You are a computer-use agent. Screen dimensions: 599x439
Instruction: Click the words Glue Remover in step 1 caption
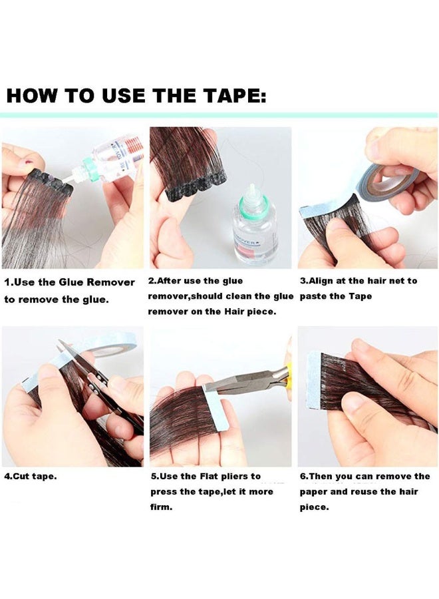tap(99, 283)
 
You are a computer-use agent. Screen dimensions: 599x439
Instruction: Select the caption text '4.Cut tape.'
tap(31, 477)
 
